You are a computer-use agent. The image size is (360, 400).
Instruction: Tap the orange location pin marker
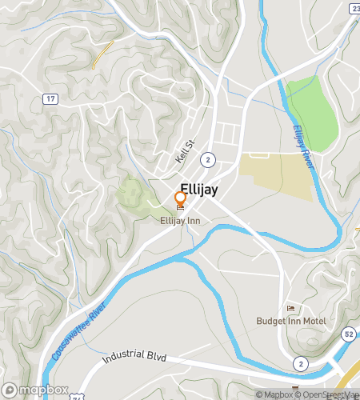pyautogui.click(x=181, y=198)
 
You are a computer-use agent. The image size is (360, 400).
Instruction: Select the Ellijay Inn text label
pyautogui.click(x=180, y=220)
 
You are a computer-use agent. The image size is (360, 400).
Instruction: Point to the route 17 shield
pyautogui.click(x=50, y=98)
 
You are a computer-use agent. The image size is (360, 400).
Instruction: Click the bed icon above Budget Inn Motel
pyautogui.click(x=290, y=309)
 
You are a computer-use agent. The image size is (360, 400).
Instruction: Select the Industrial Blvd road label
pyautogui.click(x=134, y=355)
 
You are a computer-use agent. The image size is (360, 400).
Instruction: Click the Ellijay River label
pyautogui.click(x=302, y=146)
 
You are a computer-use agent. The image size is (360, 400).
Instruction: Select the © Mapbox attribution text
pyautogui.click(x=273, y=394)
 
